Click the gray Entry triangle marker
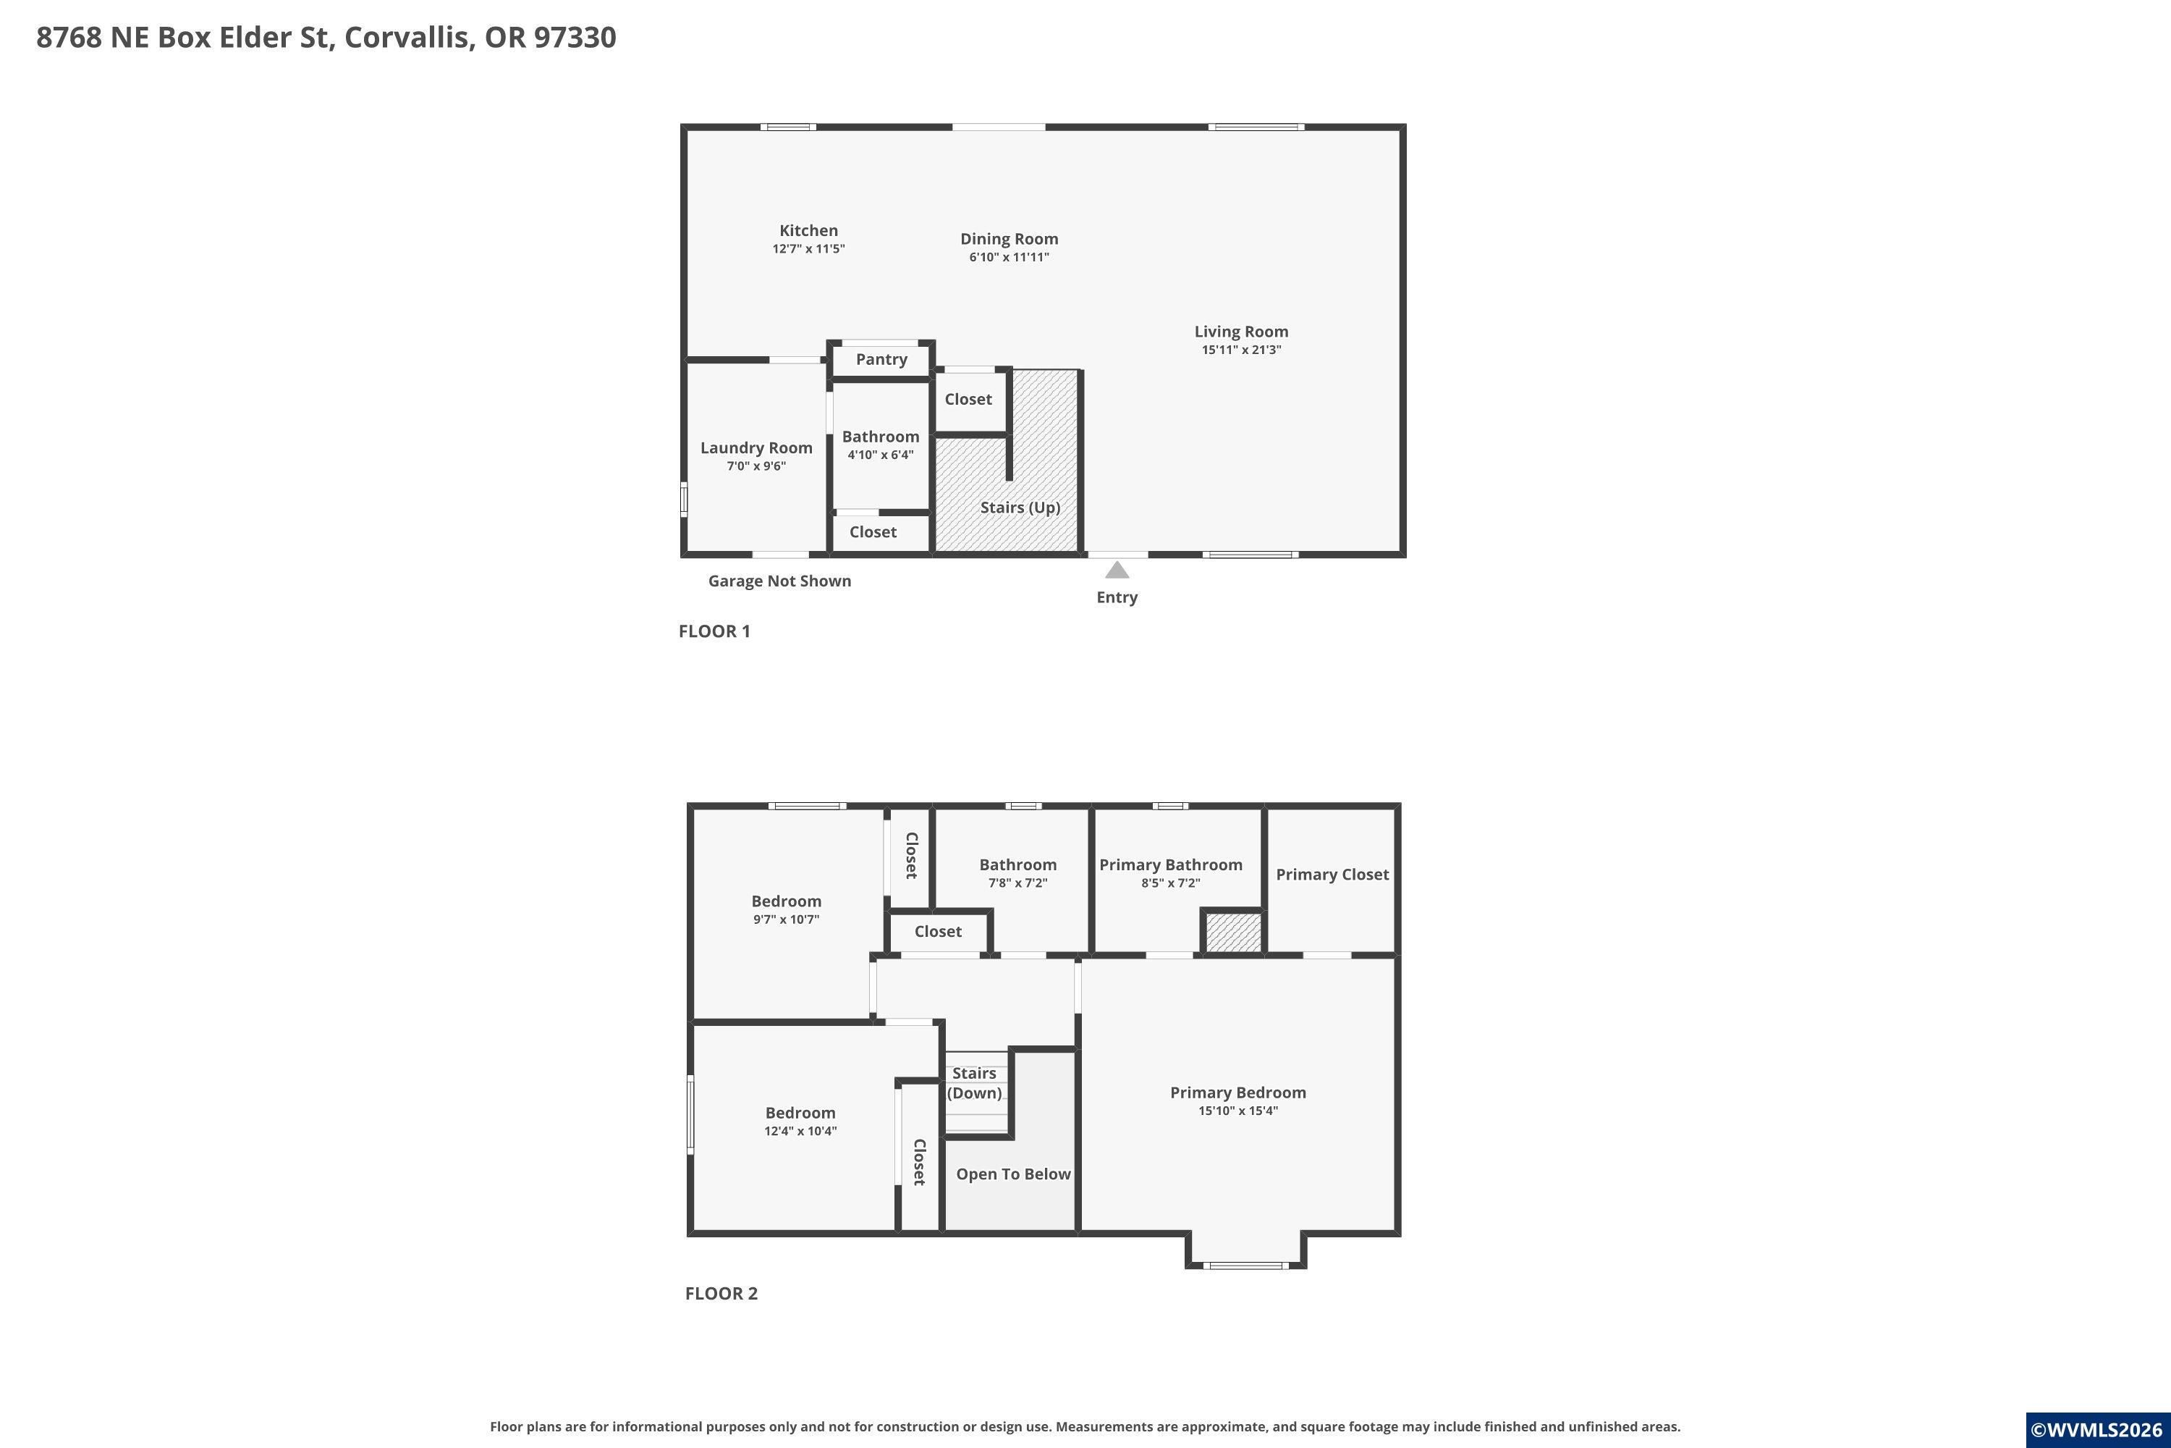pos(1117,570)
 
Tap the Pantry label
pos(881,359)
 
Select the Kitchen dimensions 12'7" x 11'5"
pos(808,249)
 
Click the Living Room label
pos(1242,332)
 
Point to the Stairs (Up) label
pos(1020,507)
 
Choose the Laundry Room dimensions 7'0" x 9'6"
pos(756,466)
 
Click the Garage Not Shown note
pos(780,581)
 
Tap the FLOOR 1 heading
pos(714,631)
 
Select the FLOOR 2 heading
pos(721,1294)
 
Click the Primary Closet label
pos(1332,875)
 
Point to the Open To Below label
pos(1014,1174)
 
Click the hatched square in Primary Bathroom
pos(1233,933)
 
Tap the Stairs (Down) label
pos(975,1083)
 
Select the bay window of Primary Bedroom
pos(1246,1265)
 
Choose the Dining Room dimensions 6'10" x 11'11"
pos(1009,258)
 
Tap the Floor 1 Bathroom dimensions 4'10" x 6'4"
pos(881,455)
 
